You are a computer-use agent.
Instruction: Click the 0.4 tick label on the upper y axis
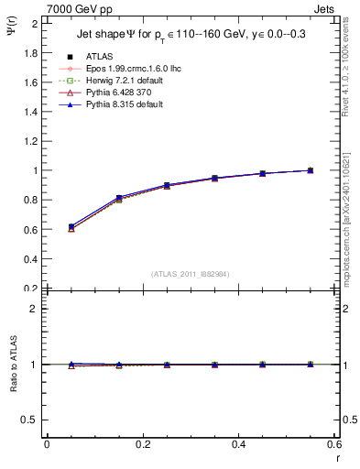coord(31,259)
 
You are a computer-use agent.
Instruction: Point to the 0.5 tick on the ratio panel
coord(31,420)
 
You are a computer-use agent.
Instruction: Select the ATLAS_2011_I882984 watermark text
coord(191,274)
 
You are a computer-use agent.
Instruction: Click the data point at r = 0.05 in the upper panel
coord(71,227)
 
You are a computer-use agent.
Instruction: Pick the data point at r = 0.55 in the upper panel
coord(311,170)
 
